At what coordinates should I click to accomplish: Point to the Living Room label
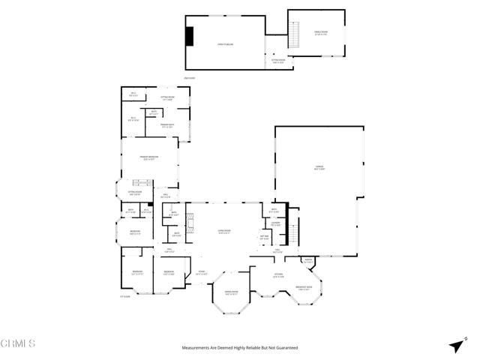pos(223,232)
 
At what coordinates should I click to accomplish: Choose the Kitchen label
pos(277,276)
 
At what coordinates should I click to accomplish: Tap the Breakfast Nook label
pos(304,289)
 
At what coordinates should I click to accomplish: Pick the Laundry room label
pos(275,224)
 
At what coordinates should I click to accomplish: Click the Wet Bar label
pos(264,238)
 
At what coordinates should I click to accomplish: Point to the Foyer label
pos(200,273)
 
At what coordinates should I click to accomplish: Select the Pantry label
pos(308,261)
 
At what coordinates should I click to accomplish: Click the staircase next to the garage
pos(295,231)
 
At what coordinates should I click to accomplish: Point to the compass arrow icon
pos(457,346)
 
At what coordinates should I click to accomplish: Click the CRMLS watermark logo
pos(18,343)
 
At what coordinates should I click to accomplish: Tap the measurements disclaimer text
pos(240,348)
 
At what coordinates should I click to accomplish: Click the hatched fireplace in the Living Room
pos(190,223)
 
